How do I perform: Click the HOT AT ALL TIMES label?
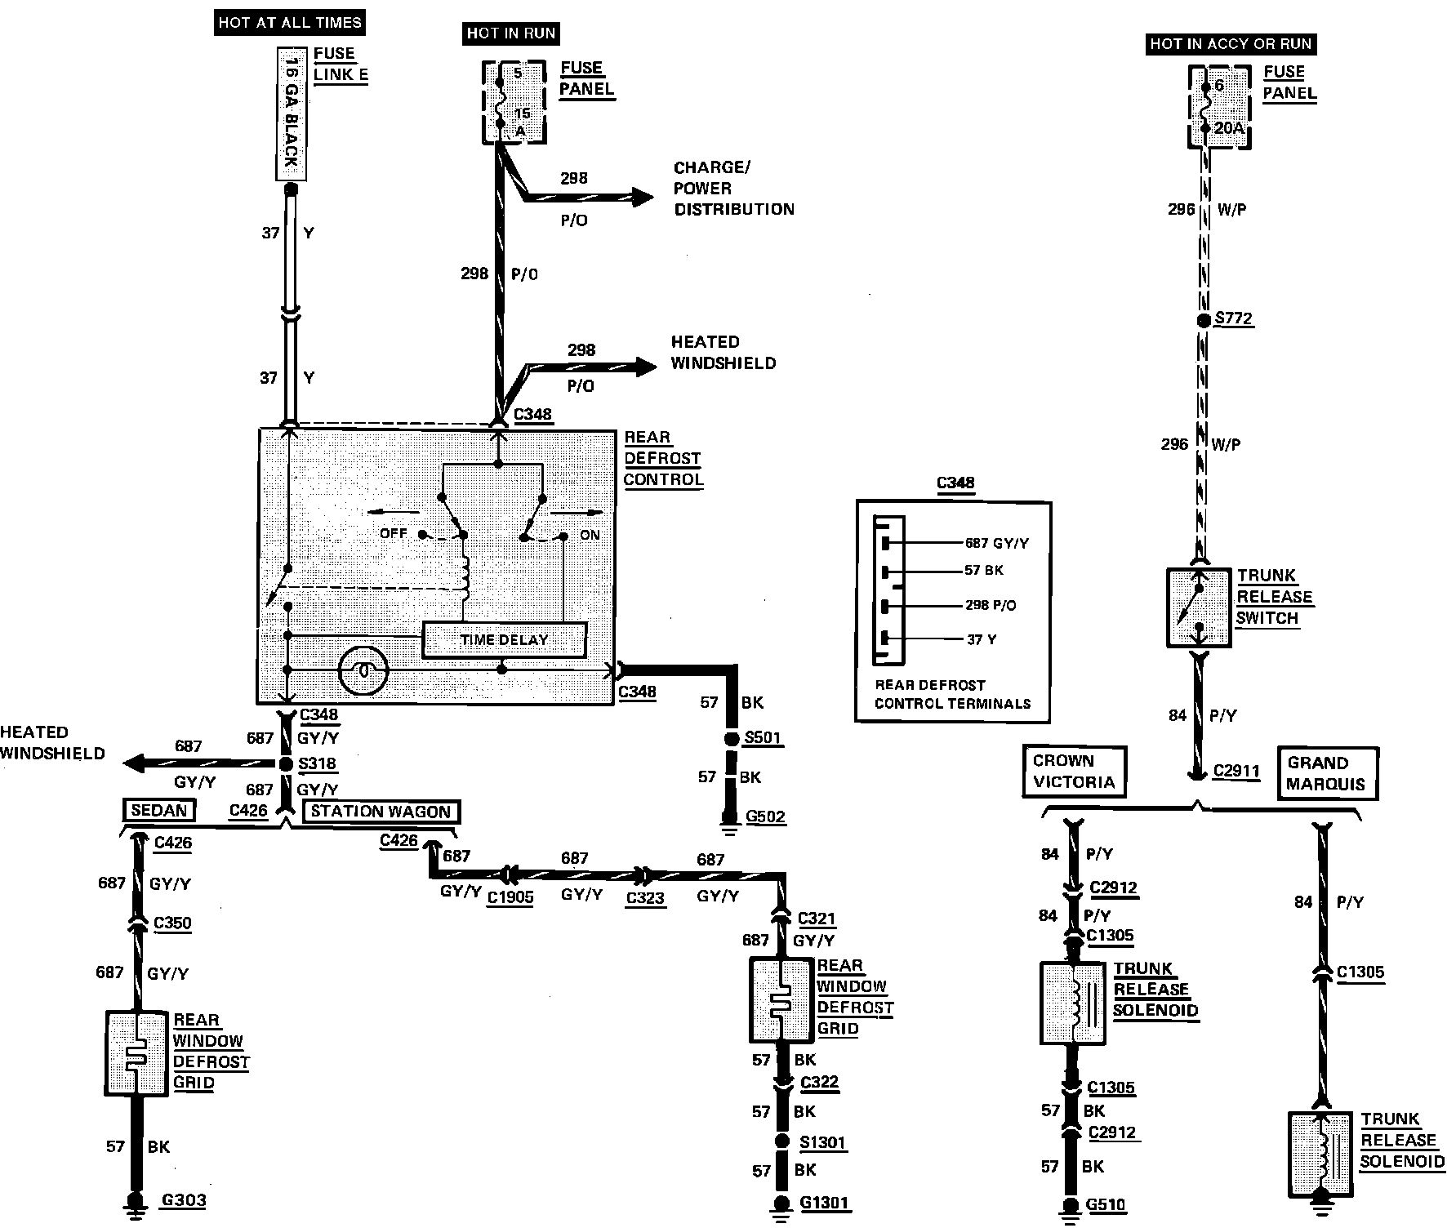(290, 22)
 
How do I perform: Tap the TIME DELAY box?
(504, 640)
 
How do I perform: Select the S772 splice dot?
(1203, 321)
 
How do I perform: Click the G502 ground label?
(765, 816)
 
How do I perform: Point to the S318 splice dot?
(286, 764)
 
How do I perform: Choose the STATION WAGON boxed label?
(381, 812)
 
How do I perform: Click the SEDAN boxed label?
(159, 810)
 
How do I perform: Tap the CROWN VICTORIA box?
(1074, 772)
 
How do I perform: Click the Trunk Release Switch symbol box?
(1198, 608)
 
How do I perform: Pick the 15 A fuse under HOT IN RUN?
(514, 102)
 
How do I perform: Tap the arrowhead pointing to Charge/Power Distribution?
(642, 197)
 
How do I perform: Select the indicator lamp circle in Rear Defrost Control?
(364, 670)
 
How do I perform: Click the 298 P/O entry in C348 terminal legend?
(990, 605)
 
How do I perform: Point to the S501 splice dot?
(731, 739)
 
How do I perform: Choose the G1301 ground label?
(824, 1203)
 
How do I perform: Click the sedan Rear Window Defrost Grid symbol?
(136, 1053)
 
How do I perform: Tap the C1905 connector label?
(510, 897)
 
